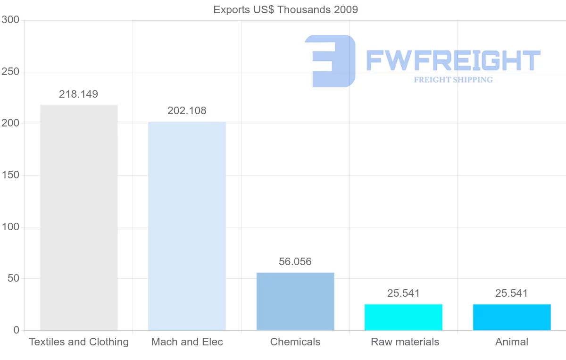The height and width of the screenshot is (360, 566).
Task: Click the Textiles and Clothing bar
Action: click(x=79, y=218)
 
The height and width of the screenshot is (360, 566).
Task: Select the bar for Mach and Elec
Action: click(x=187, y=226)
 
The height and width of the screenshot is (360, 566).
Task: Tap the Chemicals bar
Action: click(x=295, y=301)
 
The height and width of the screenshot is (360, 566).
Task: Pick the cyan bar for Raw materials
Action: click(x=403, y=317)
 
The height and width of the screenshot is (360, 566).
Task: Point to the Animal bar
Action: click(x=512, y=317)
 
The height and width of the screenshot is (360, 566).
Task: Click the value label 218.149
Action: click(x=79, y=94)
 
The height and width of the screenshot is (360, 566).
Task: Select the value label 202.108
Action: click(x=187, y=111)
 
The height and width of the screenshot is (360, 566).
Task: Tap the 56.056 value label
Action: click(x=295, y=262)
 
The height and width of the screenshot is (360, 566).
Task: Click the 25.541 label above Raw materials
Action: click(x=403, y=293)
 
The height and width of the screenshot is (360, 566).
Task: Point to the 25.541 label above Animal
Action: click(x=512, y=293)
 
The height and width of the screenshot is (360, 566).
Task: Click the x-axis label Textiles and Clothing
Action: click(x=79, y=342)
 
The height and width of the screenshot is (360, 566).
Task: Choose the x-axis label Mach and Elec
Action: click(x=187, y=342)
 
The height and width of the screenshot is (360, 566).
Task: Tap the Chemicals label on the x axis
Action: click(x=295, y=342)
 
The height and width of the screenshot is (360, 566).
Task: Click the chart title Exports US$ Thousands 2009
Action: click(x=286, y=9)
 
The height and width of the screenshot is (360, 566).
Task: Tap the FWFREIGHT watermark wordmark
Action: click(x=453, y=60)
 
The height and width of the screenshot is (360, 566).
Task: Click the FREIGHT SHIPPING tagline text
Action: click(x=453, y=80)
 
